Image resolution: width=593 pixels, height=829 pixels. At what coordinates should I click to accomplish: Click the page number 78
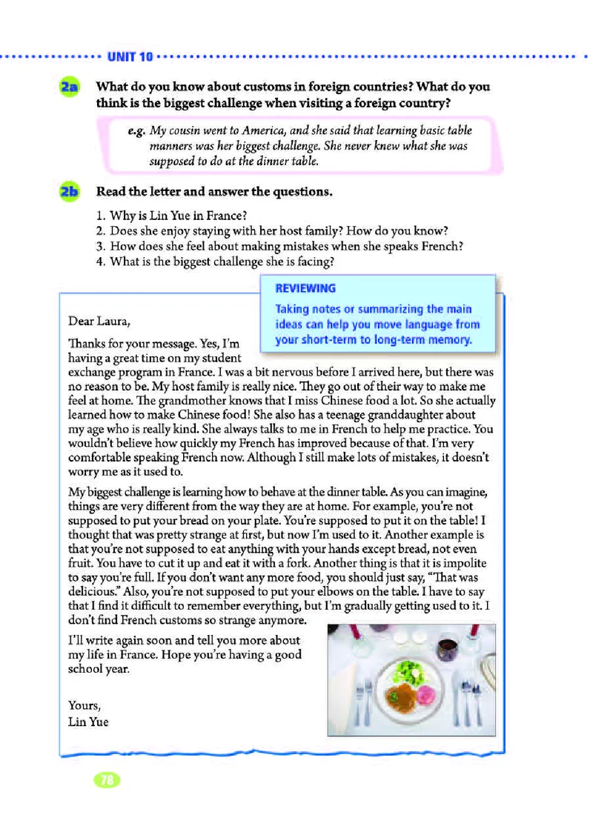107,779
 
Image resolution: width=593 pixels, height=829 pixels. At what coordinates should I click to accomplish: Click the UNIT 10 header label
130,56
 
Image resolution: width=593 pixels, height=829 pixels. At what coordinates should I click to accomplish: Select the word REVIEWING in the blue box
305,288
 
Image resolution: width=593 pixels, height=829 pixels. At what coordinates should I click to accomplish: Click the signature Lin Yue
87,721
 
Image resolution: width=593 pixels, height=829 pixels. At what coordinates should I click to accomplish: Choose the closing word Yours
83,705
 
